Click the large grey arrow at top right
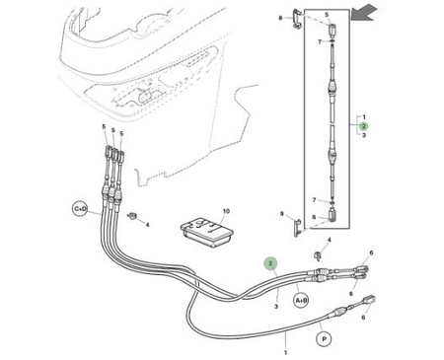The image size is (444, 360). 364,12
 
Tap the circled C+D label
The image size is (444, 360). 80,209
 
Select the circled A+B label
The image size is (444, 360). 301,300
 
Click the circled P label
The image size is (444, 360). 324,338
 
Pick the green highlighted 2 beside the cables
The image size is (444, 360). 270,263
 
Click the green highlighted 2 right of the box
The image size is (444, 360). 364,126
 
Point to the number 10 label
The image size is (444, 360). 226,211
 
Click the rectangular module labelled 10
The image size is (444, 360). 207,232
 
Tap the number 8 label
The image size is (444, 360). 280,18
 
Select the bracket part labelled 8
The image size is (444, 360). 296,19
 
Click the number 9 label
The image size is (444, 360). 282,214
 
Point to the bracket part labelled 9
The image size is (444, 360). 297,228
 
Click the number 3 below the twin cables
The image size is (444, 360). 276,307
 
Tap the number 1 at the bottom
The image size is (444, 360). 285,353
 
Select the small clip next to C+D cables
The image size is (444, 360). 132,216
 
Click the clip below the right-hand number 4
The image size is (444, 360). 318,255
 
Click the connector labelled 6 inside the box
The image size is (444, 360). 332,215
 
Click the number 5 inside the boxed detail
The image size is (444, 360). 327,15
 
